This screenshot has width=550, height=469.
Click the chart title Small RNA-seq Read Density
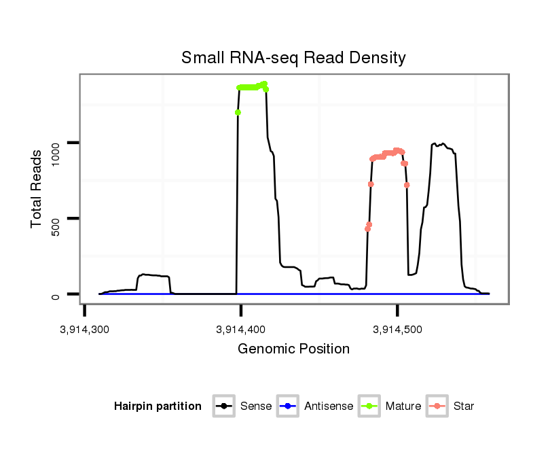[x=293, y=58]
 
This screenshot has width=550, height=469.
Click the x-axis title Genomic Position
[x=294, y=349]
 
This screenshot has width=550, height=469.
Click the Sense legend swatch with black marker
[x=223, y=406]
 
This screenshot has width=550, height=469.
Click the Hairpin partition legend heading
[x=158, y=406]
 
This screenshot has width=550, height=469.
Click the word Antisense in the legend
[x=329, y=406]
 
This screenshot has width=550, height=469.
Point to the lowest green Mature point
[x=238, y=112]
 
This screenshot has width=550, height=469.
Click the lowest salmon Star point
[x=367, y=229]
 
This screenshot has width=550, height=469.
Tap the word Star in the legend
[x=464, y=406]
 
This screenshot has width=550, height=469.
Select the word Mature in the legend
[x=403, y=406]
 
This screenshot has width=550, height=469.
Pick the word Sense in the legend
[x=256, y=406]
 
